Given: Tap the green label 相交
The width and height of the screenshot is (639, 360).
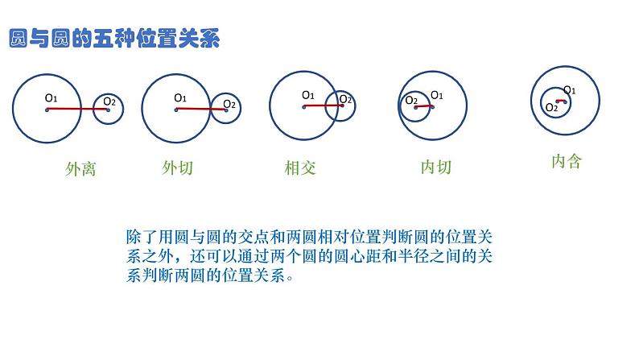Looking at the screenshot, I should tap(300, 168).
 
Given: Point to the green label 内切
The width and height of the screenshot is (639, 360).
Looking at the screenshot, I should tap(436, 168).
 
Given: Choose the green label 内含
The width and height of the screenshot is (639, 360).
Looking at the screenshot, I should tap(566, 161).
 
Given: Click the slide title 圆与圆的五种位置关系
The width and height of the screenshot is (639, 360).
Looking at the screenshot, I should tap(113, 38).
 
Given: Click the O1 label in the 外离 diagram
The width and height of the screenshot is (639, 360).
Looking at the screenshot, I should tap(52, 98).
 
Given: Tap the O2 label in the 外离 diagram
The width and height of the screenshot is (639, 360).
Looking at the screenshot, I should tap(109, 101).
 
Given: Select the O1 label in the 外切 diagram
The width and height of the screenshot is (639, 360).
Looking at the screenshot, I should tap(180, 98).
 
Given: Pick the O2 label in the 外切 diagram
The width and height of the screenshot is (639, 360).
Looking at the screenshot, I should tap(229, 103).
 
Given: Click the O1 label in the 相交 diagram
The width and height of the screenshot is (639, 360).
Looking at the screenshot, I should tap(308, 95).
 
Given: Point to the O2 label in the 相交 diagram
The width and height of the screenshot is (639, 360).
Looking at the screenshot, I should tap(345, 99).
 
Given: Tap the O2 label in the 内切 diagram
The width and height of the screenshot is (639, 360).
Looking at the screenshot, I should tap(411, 100).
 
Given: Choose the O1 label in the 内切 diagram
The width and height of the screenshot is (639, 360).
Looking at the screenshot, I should tap(437, 95).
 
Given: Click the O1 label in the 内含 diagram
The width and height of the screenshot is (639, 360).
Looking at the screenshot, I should tap(569, 90).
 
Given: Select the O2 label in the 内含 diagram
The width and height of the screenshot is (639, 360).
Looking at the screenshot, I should tap(552, 107).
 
